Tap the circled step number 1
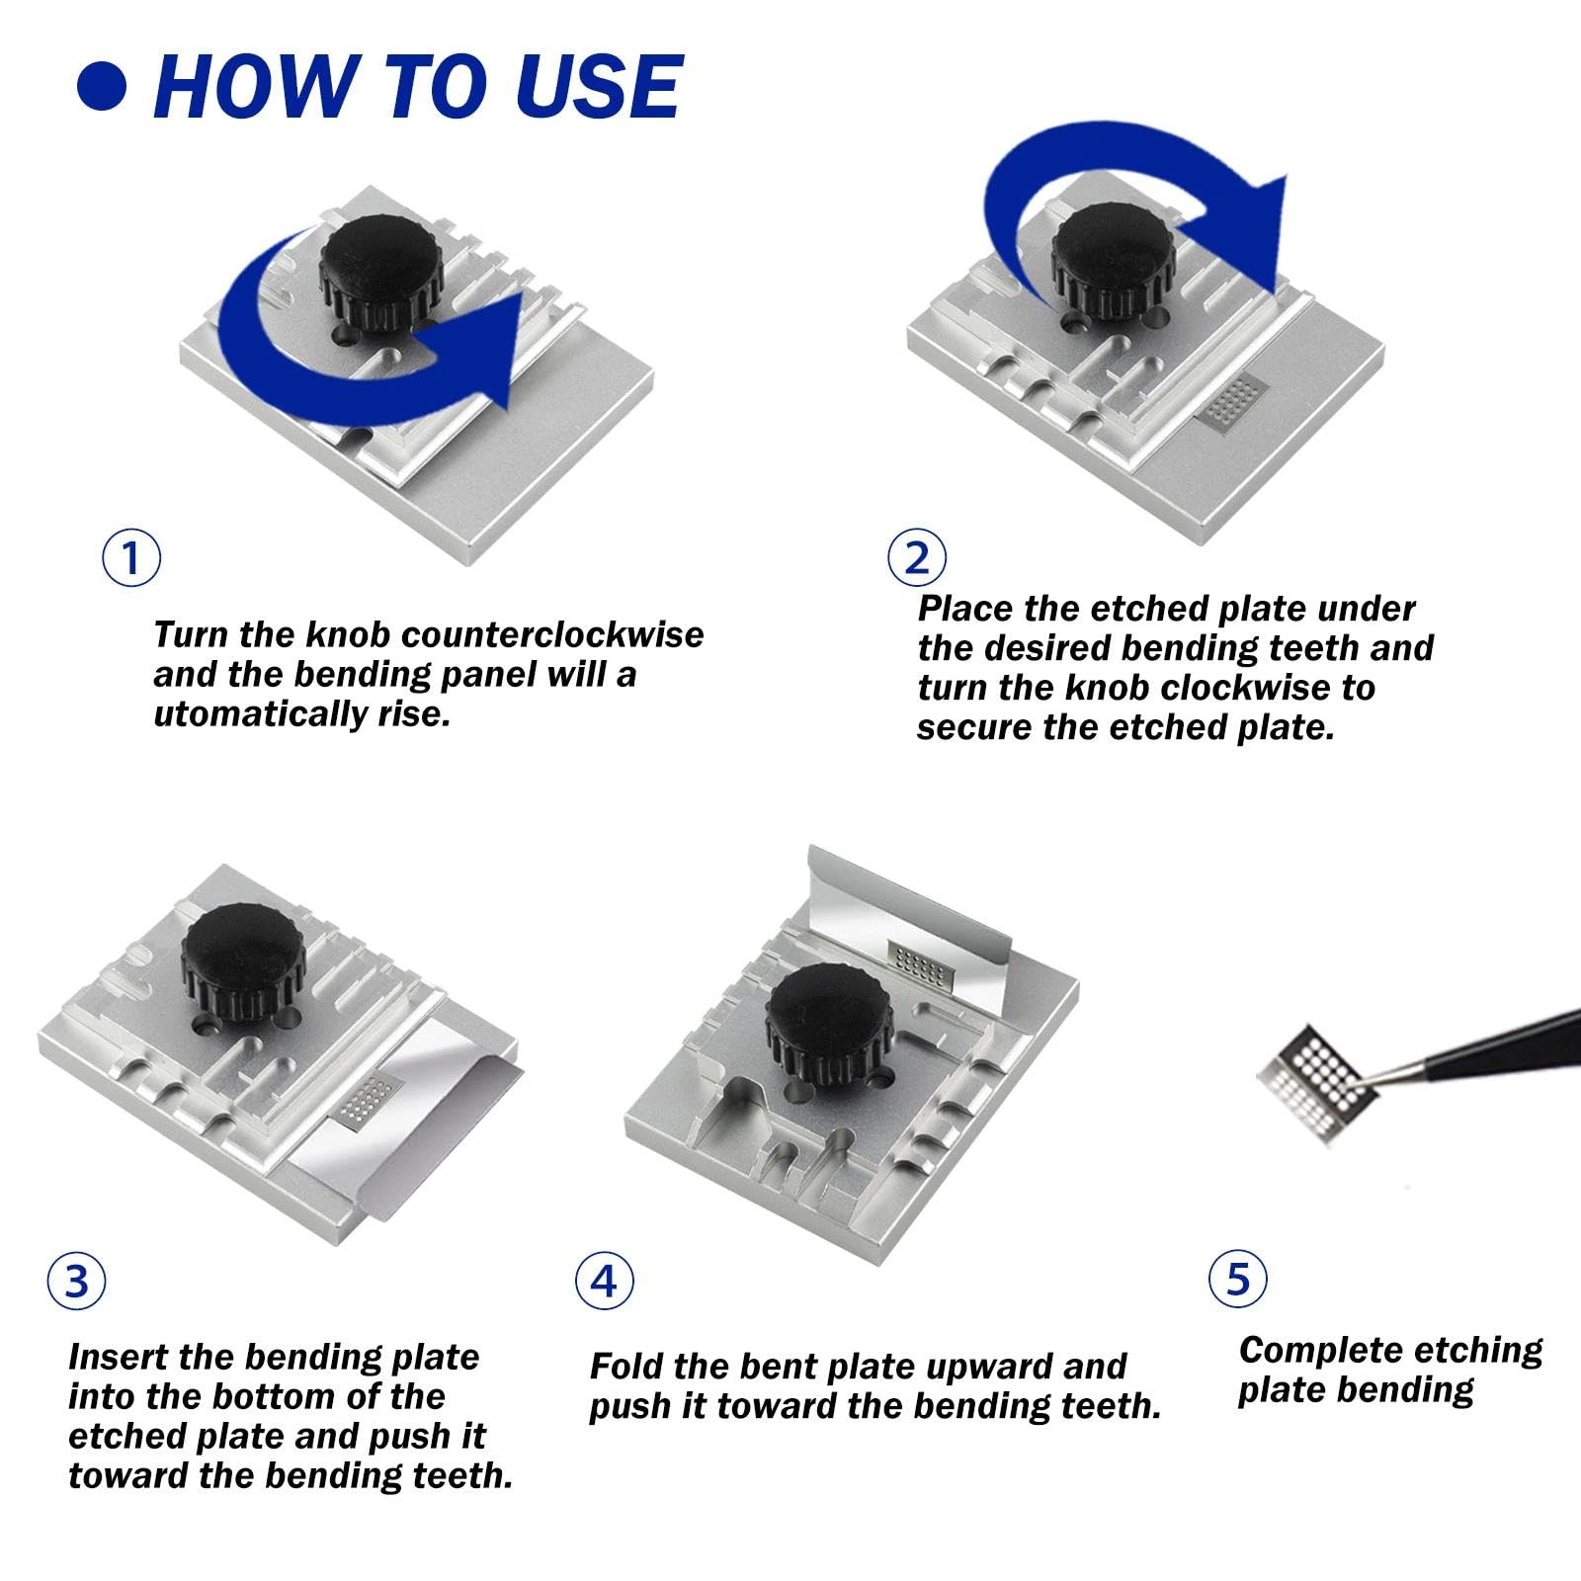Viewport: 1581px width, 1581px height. (131, 558)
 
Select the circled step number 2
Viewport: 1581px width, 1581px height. (916, 558)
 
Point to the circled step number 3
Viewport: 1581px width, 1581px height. (76, 1282)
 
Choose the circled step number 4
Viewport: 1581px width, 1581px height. (604, 1282)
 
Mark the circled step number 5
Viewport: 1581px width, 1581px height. (1238, 1279)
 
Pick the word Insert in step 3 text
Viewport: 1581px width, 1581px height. (119, 1357)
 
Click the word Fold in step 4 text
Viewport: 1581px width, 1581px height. (627, 1367)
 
